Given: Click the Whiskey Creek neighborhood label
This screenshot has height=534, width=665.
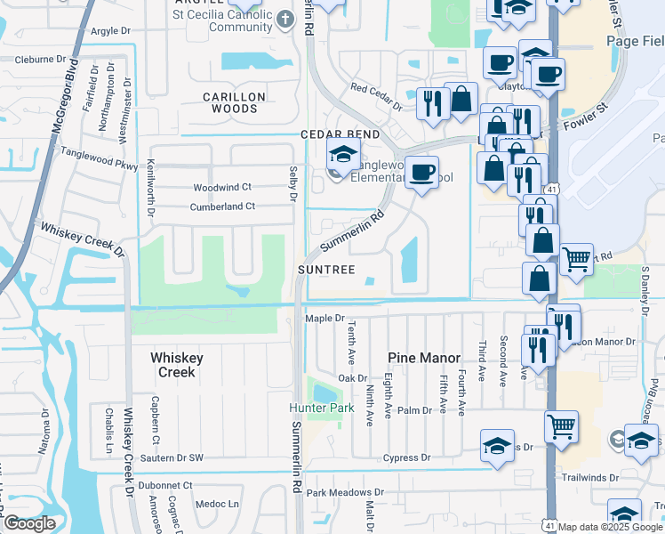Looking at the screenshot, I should [x=176, y=365].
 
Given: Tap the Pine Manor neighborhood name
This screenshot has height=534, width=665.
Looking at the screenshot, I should [x=423, y=358].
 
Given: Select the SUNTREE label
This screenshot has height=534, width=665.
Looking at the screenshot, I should [x=327, y=270].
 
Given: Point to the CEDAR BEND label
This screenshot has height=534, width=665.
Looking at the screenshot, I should [x=340, y=134].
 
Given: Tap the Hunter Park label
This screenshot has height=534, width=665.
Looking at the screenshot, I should [x=315, y=409].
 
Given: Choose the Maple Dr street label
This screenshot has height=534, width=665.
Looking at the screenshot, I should [x=324, y=318].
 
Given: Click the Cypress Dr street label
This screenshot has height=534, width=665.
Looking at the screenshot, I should [x=406, y=458].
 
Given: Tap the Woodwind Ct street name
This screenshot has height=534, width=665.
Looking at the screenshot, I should [x=223, y=187].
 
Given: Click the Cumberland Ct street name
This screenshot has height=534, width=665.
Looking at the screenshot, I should [x=222, y=206].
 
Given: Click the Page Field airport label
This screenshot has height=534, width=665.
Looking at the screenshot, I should [x=635, y=42].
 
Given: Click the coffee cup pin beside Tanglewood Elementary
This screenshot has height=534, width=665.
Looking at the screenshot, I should [x=423, y=172].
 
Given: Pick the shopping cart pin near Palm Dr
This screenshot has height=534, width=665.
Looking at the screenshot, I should [x=561, y=427].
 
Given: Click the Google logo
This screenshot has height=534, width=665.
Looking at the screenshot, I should [x=28, y=523].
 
